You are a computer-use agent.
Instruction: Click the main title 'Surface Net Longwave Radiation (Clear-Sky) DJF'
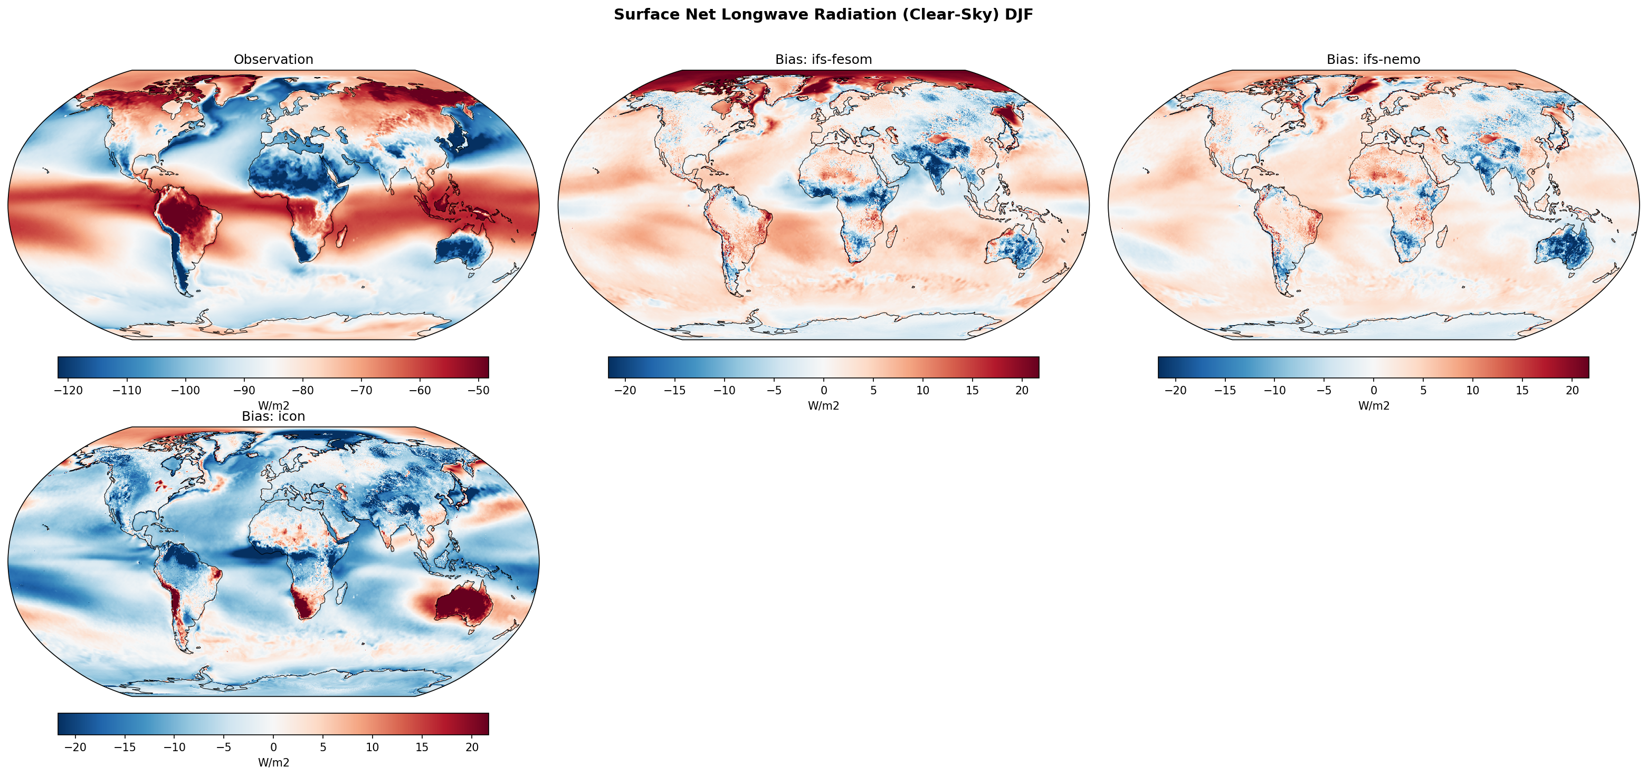[x=823, y=15]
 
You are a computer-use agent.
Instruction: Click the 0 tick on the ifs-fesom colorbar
[x=823, y=390]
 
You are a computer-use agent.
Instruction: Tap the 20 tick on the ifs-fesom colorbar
[x=1022, y=390]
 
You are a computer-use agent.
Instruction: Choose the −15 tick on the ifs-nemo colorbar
[x=1225, y=390]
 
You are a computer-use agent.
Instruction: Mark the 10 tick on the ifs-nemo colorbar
[x=1472, y=390]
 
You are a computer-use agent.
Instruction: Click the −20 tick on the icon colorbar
[x=75, y=747]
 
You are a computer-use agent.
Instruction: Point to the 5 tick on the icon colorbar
[x=323, y=747]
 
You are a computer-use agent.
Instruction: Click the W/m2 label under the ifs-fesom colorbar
[x=823, y=405]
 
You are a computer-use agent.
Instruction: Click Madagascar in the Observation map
[x=341, y=236]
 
